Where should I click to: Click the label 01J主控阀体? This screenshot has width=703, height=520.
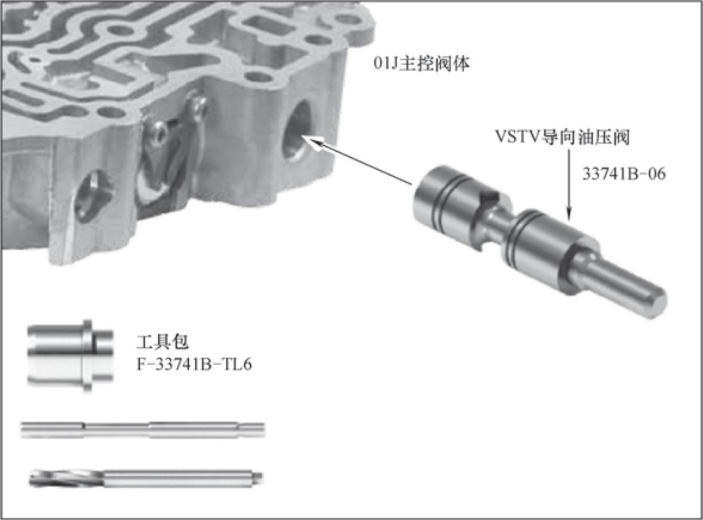pyautogui.click(x=422, y=63)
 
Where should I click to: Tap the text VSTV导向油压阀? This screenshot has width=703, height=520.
pyautogui.click(x=562, y=137)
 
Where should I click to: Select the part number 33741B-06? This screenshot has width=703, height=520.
pyautogui.click(x=624, y=174)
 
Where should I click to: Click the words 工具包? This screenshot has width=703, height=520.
pyautogui.click(x=162, y=342)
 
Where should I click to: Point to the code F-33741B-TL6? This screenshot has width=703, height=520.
pyautogui.click(x=194, y=365)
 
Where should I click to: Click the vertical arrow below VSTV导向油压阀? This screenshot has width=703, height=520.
pyautogui.click(x=569, y=185)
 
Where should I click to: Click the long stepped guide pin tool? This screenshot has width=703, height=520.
pyautogui.click(x=143, y=429)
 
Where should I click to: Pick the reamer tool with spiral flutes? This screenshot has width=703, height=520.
pyautogui.click(x=146, y=478)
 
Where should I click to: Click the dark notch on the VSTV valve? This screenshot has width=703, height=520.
pyautogui.click(x=489, y=197)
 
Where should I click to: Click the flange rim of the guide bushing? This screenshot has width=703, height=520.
pyautogui.click(x=88, y=355)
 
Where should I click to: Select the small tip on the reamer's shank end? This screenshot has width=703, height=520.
pyautogui.click(x=259, y=477)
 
